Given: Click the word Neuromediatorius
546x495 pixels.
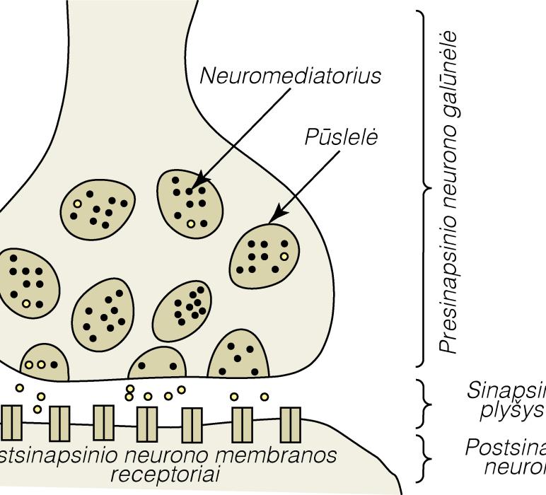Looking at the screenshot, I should click(x=291, y=76).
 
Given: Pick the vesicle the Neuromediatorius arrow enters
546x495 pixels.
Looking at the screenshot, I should click(x=190, y=202).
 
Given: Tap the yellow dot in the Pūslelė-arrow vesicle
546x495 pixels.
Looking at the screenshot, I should click(x=284, y=257).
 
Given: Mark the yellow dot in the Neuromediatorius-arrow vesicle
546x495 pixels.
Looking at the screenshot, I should click(x=190, y=223).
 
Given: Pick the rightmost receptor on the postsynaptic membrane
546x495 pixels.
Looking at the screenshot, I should click(x=290, y=424).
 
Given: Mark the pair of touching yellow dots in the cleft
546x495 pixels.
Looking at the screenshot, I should click(x=129, y=392).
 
